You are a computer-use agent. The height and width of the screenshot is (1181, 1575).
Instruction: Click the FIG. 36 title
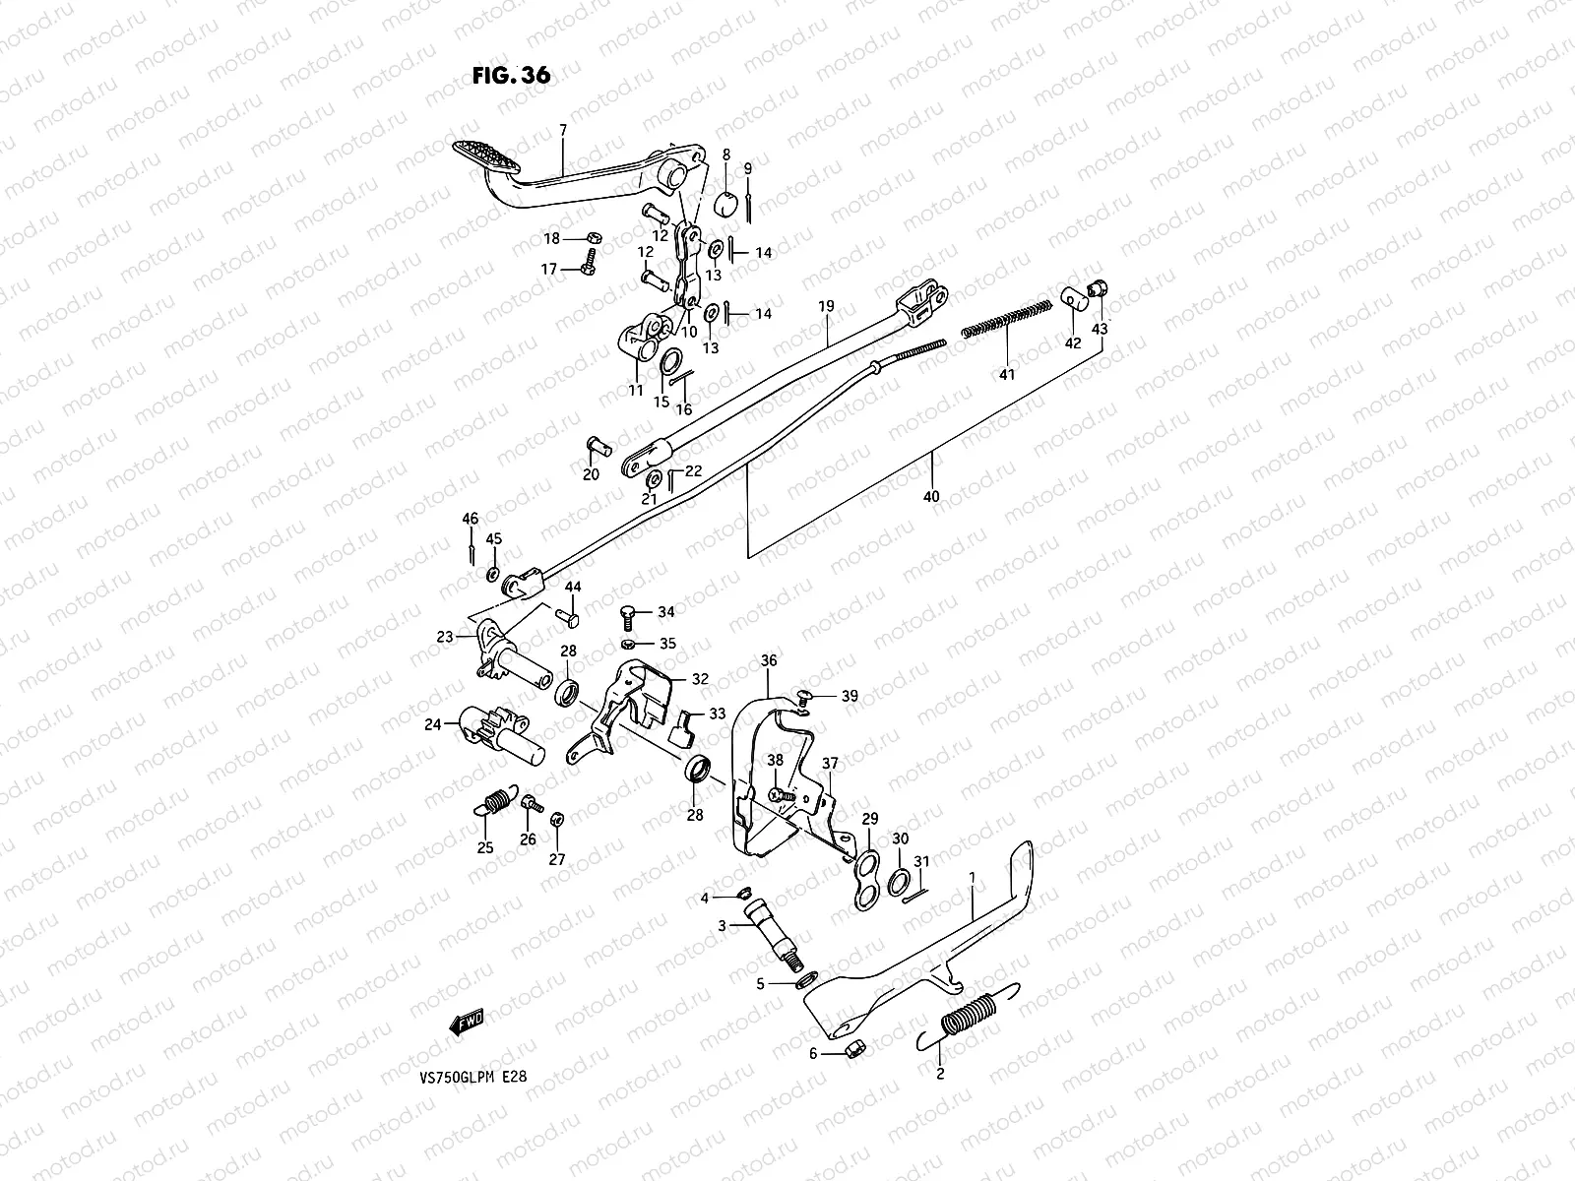coord(510,76)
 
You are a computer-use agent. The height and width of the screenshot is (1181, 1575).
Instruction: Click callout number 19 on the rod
coord(826,307)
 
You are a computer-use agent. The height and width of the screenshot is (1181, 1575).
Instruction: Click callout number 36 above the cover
coord(769,660)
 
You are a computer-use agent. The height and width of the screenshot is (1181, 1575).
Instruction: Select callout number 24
coord(432,725)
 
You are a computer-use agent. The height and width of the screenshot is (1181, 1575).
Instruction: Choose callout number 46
coord(471,519)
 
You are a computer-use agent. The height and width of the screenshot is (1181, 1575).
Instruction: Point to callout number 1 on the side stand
coord(973,875)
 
